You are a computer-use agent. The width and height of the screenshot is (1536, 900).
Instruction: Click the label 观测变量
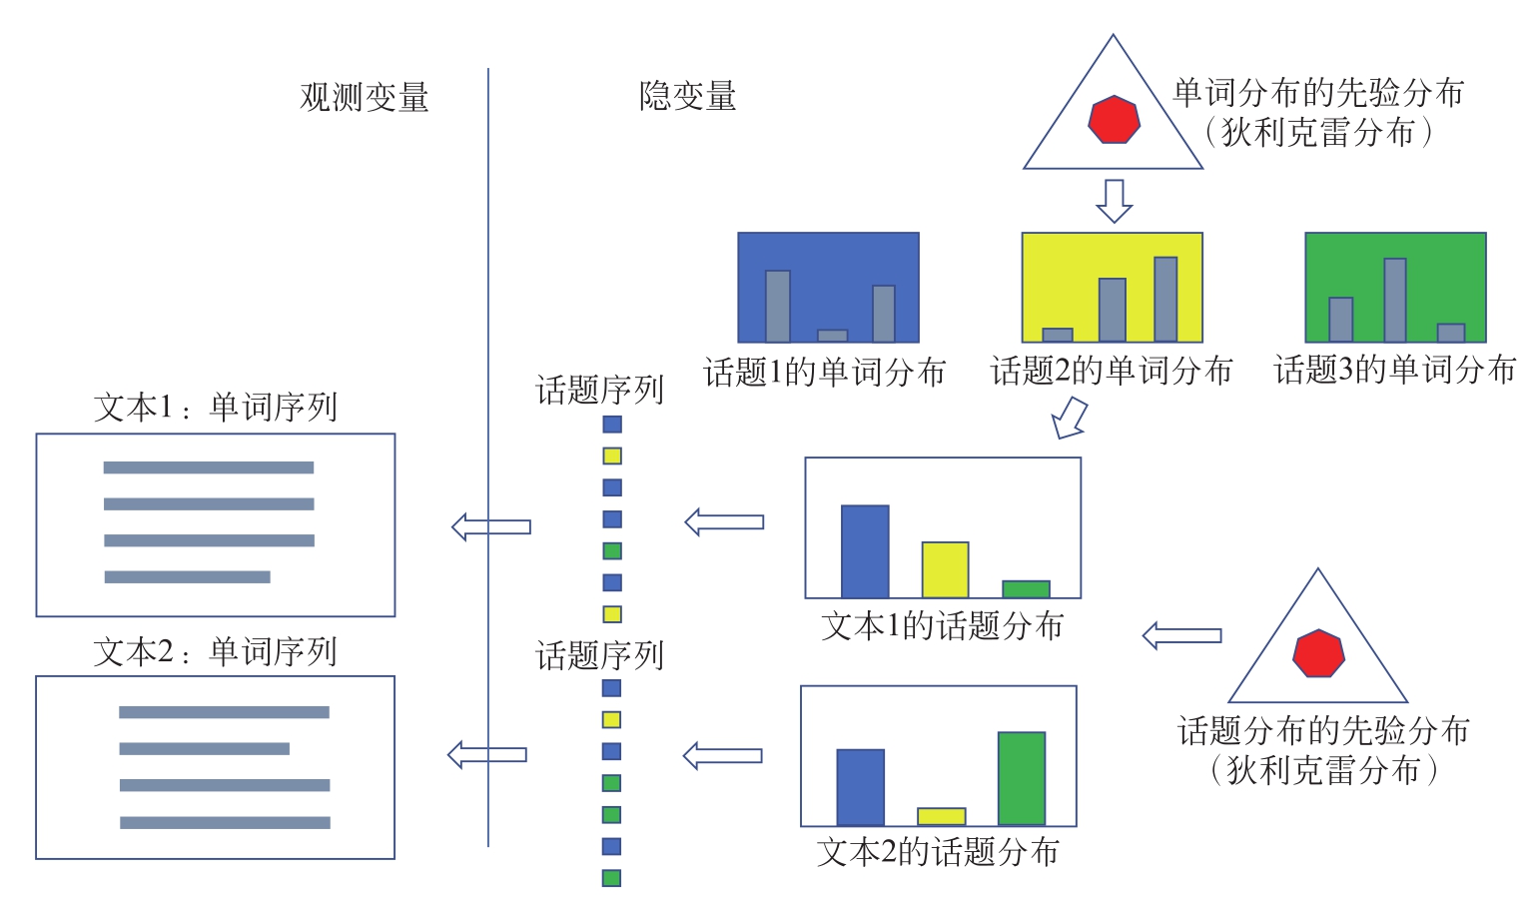[365, 97]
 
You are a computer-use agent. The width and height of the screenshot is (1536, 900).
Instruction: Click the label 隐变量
[687, 96]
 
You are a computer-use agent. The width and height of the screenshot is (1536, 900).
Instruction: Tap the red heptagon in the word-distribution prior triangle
[1114, 120]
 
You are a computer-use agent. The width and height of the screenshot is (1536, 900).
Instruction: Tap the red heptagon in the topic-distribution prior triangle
[1318, 654]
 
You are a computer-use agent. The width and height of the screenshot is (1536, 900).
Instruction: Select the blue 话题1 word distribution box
[828, 288]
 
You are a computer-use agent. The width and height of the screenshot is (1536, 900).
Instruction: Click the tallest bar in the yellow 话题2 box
[1165, 300]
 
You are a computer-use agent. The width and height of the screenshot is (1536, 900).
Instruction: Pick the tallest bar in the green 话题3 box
[1395, 300]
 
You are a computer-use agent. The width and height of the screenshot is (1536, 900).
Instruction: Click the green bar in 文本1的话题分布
[1026, 589]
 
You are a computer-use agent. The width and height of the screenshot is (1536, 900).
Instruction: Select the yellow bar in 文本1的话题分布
[945, 569]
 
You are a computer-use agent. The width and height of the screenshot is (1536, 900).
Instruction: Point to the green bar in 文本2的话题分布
[1022, 778]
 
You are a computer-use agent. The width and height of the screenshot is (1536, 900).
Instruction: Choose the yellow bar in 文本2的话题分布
[941, 816]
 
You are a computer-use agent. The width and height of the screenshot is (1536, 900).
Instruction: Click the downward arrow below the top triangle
[1114, 200]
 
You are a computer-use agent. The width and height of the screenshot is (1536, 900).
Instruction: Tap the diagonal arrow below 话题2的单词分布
[1070, 418]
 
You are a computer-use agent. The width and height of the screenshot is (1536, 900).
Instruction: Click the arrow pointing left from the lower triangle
[1181, 635]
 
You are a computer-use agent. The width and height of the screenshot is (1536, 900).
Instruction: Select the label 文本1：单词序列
[216, 408]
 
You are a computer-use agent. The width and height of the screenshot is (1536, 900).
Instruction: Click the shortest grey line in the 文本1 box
[187, 577]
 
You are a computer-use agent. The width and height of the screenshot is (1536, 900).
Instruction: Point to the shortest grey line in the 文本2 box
[204, 748]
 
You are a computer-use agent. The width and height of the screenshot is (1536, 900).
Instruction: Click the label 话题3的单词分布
[1395, 371]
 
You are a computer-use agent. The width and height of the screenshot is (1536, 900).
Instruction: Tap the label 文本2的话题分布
[938, 852]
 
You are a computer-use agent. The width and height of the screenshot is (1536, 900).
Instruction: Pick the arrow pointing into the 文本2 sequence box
[487, 754]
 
